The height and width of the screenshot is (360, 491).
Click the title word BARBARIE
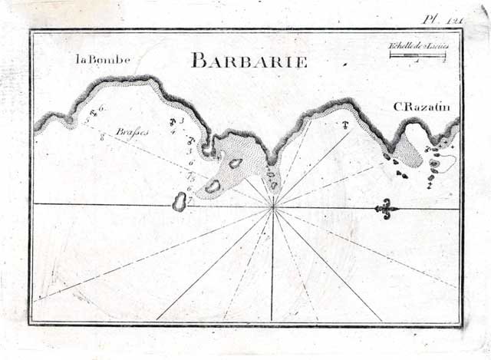249,61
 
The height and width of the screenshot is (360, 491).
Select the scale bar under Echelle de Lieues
418,57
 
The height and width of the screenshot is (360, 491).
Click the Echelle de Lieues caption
419,47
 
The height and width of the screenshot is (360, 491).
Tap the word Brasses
132,132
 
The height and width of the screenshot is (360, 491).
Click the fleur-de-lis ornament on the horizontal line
386,207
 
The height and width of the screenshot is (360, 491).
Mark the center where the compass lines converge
272,206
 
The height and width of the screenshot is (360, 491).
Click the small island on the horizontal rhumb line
180,202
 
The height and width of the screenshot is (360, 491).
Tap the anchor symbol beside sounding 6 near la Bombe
94,113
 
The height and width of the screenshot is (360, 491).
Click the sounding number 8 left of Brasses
102,139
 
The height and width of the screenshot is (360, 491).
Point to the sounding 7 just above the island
189,195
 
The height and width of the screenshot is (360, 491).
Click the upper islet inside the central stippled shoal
235,163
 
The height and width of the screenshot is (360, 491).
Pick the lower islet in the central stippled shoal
213,185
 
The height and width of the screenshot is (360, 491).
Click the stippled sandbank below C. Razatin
411,154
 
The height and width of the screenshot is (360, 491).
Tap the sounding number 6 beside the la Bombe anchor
101,109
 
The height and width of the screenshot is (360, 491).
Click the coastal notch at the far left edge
69,121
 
